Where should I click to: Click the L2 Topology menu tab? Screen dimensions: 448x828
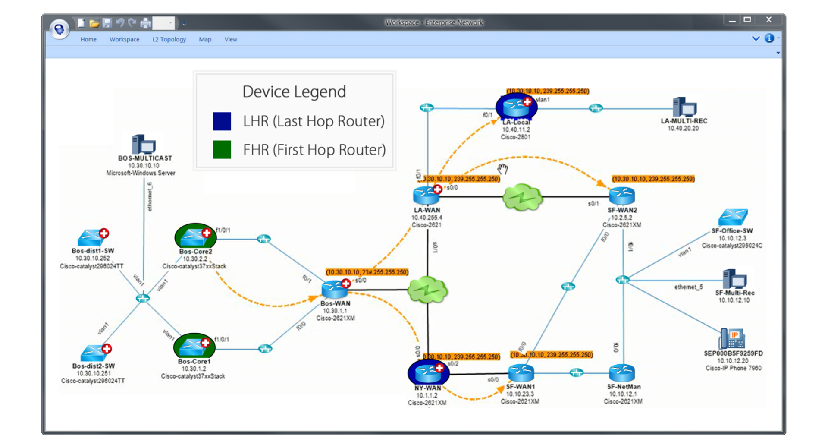[169, 39]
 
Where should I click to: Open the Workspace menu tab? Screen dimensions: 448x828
[124, 39]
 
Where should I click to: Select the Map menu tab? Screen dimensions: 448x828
[205, 39]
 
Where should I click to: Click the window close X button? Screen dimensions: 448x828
[768, 20]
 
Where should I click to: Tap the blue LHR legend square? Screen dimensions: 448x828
[222, 121]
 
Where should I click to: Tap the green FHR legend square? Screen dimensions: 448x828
[222, 150]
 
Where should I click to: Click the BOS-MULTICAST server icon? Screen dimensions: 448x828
[143, 144]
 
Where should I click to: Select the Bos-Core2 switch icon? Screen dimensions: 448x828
[194, 236]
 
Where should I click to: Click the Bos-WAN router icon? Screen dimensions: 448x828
[334, 289]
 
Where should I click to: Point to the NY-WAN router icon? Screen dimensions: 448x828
[427, 372]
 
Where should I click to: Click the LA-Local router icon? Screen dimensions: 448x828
[516, 107]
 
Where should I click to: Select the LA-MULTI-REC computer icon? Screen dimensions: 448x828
[684, 107]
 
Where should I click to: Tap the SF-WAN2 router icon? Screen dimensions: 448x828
[621, 196]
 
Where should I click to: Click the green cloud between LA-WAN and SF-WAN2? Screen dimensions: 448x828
[522, 197]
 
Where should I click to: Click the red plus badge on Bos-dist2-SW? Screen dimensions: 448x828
[107, 349]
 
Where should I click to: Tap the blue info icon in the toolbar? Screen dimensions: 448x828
[769, 38]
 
